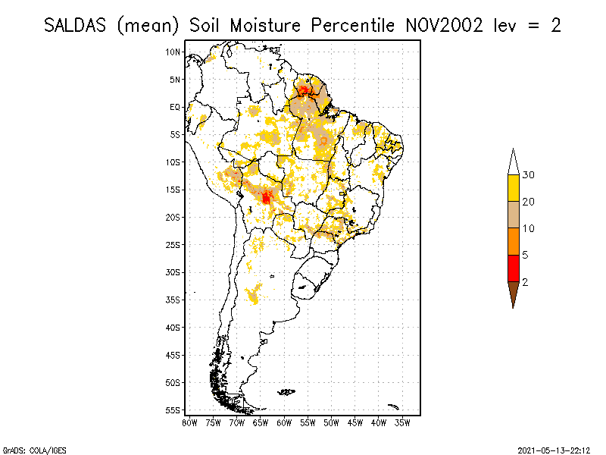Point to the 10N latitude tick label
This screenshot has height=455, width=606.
tap(173, 52)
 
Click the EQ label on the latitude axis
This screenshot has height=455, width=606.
tap(175, 107)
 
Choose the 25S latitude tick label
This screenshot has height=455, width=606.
tap(173, 244)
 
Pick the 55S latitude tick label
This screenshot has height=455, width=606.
tap(173, 409)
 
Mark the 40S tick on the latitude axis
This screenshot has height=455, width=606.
tap(173, 327)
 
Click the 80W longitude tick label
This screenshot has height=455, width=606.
tap(189, 422)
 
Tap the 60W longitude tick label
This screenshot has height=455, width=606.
tap(284, 422)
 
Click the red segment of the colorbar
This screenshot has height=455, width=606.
tap(514, 268)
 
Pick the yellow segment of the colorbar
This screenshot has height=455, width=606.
tap(514, 188)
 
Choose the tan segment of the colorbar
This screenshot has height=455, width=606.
tap(514, 215)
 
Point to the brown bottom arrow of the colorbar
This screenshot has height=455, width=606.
tap(514, 293)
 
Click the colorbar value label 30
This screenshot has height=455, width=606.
tap(529, 175)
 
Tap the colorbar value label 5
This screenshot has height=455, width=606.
tap(526, 256)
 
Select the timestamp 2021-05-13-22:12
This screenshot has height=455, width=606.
tap(554, 450)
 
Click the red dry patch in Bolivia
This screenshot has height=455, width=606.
tap(266, 197)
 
